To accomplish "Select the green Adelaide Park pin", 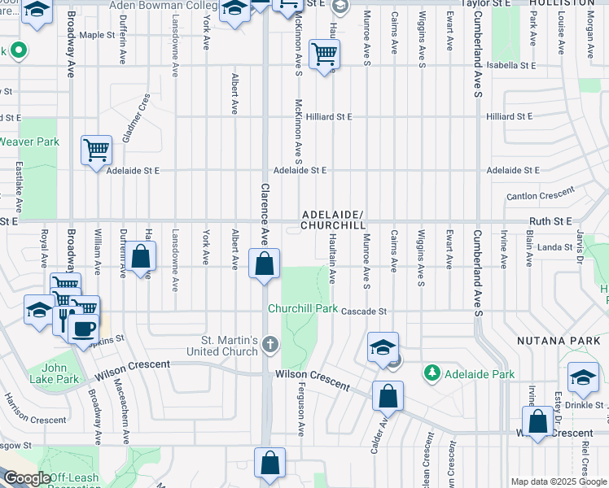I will [x=432, y=374].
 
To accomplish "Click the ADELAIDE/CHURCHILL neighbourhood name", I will [x=332, y=220].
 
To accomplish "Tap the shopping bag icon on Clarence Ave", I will [x=264, y=264].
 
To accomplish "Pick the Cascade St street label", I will [x=362, y=312].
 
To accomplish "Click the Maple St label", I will [x=97, y=35].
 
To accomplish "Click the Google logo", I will [x=26, y=478].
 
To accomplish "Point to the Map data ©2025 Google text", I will [x=558, y=481].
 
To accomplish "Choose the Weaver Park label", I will [x=29, y=142].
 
